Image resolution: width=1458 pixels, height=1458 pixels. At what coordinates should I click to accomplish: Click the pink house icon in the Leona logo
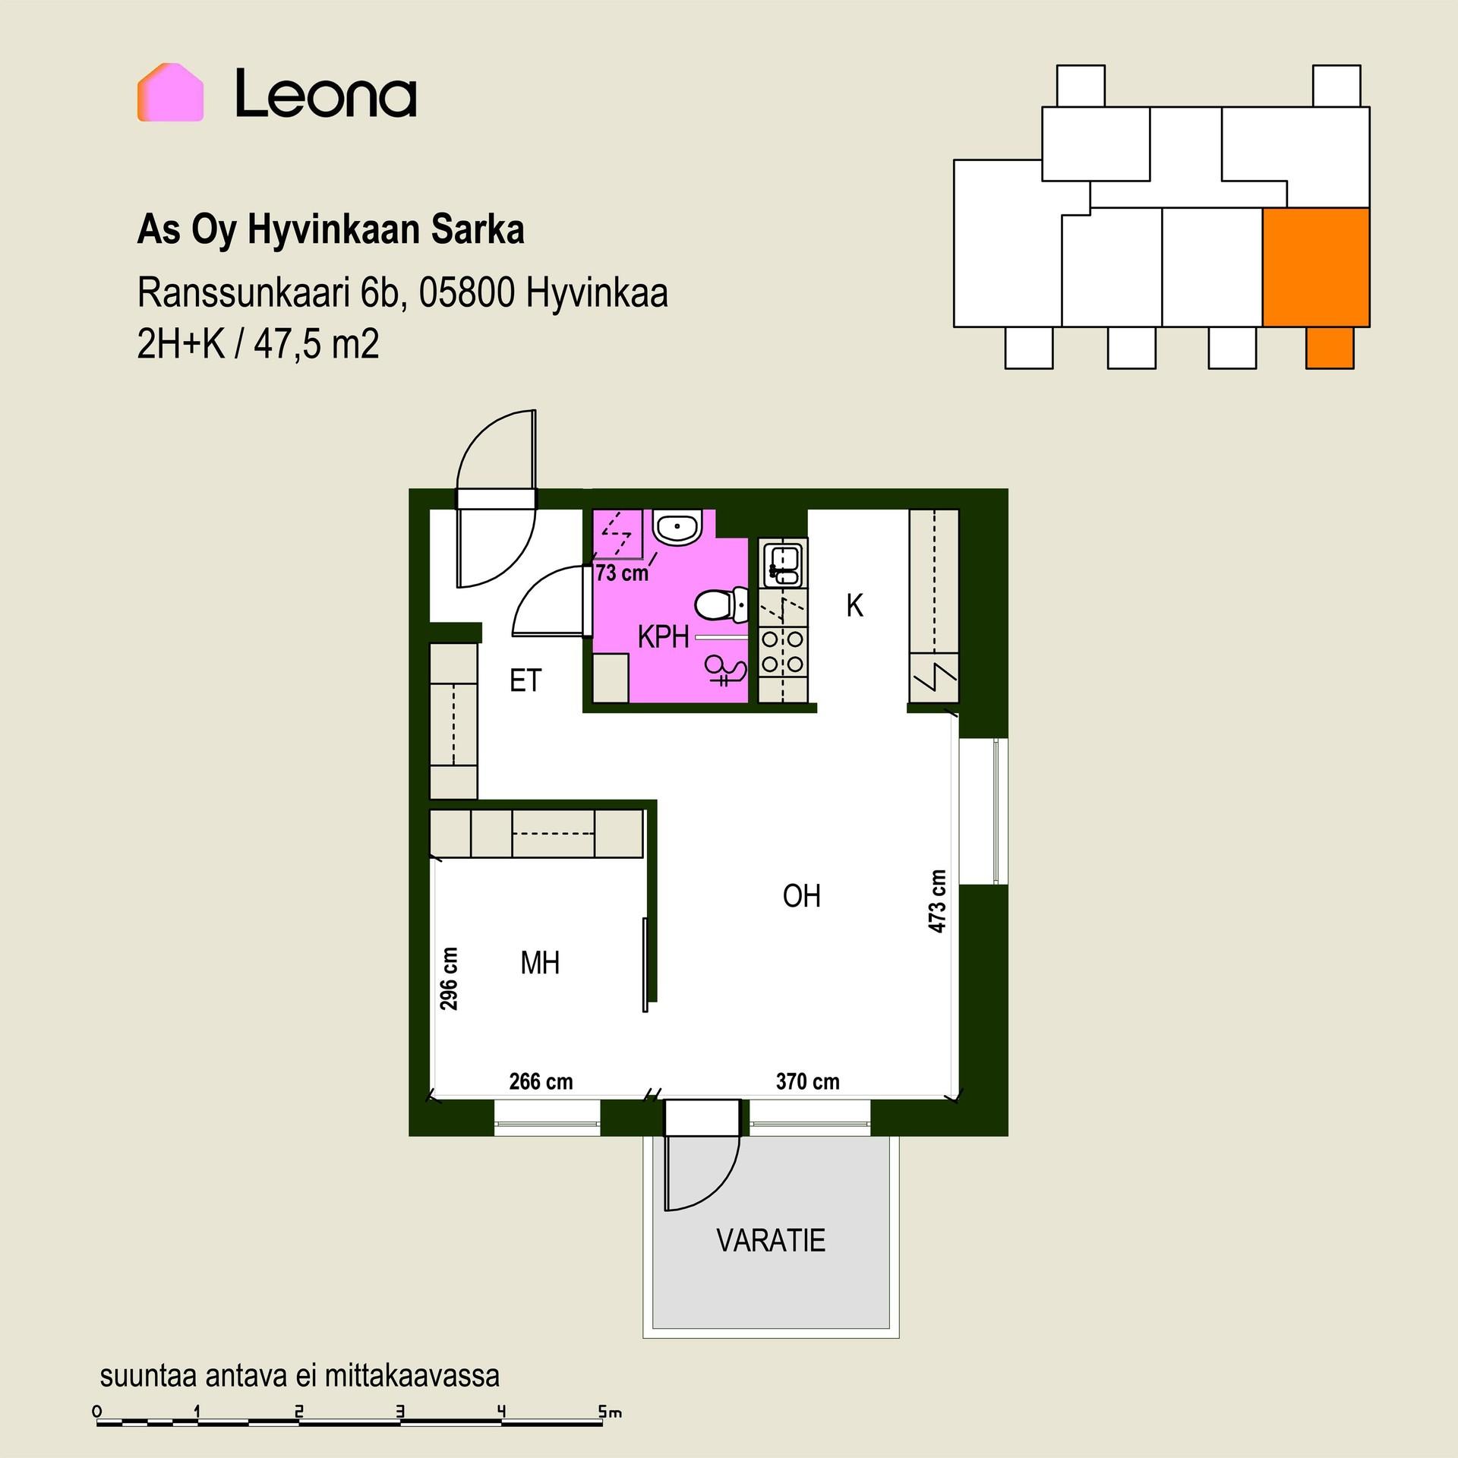coord(170,93)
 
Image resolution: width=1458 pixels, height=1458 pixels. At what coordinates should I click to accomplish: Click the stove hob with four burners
coord(782,652)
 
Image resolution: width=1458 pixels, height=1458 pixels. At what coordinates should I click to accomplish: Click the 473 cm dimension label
coord(938,901)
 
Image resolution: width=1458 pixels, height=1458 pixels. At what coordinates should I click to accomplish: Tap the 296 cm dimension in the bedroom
coord(450,978)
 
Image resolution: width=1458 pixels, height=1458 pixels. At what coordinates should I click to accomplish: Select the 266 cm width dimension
coord(541,1081)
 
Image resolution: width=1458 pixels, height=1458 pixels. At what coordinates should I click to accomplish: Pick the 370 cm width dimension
coord(808,1081)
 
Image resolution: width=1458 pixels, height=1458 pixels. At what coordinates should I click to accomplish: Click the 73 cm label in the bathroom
coord(622,573)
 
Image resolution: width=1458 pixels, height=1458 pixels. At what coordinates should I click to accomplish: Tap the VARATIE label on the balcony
coord(771,1240)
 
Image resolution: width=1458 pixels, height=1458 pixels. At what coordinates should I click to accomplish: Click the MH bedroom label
coord(540,963)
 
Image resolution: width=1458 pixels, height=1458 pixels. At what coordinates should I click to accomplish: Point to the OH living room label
coord(802,896)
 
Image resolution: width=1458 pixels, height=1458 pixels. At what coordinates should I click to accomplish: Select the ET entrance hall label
coord(525,680)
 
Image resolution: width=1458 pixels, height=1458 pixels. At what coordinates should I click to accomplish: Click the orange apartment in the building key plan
coord(1316,267)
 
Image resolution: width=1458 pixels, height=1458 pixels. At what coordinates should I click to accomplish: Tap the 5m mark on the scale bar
coord(610,1412)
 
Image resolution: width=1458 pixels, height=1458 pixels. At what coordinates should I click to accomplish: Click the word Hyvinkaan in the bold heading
coord(334,229)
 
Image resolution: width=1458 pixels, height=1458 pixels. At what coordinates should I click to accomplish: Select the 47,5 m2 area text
coord(316,344)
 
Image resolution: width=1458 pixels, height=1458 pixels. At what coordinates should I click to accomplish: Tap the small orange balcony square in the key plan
coord(1330,348)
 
